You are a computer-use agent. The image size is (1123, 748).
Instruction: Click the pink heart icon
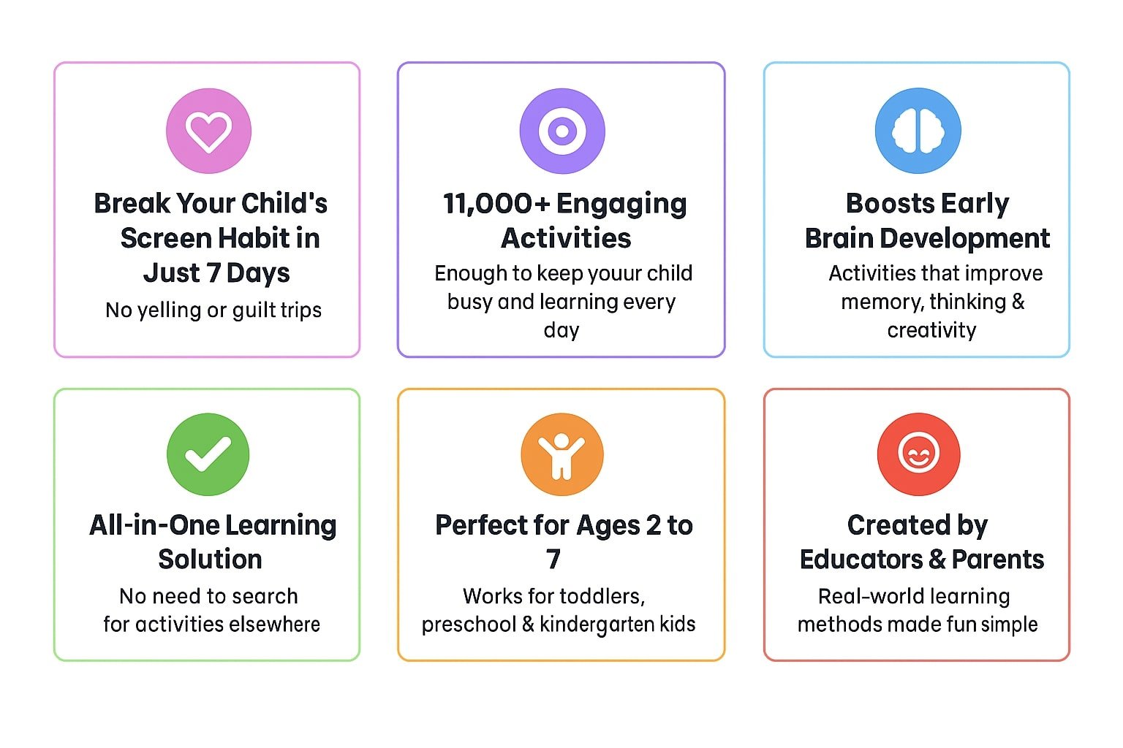(x=208, y=131)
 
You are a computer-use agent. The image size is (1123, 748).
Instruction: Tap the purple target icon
(x=562, y=131)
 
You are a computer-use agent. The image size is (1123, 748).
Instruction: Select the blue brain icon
(x=918, y=131)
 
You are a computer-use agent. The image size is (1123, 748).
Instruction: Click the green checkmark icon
(x=208, y=454)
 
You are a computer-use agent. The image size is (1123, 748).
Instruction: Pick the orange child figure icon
(x=562, y=454)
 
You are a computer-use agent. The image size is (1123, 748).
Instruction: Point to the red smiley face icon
(x=918, y=454)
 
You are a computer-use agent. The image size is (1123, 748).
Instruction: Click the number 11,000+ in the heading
(x=496, y=204)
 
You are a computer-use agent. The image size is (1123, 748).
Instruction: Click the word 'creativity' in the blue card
(x=931, y=331)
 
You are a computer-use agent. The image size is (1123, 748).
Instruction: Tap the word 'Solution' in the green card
(x=210, y=559)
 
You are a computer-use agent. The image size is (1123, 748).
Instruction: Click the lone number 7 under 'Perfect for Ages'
(x=553, y=559)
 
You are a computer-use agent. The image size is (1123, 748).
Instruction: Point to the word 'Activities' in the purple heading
(x=566, y=238)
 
